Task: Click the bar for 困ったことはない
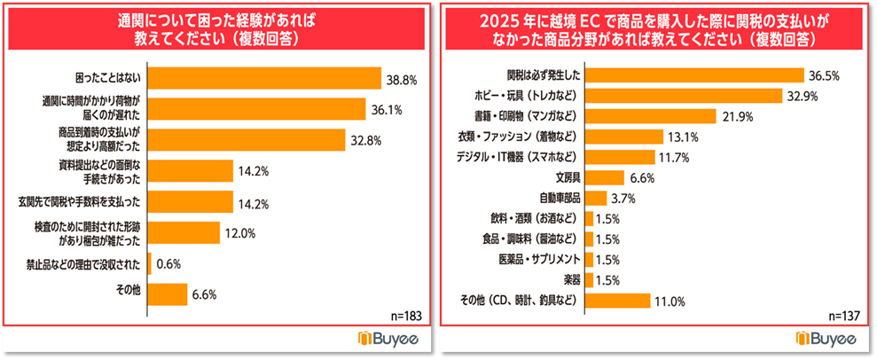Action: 263,79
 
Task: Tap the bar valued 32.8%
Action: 250,139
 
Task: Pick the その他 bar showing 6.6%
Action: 167,293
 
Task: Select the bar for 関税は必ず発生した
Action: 694,75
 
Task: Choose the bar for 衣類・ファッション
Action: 625,137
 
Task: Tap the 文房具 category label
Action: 568,177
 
